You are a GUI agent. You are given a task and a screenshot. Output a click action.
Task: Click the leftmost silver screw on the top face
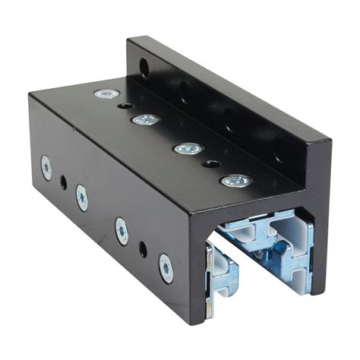tap(106, 93)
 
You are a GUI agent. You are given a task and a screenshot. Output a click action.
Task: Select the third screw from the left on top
tap(188, 148)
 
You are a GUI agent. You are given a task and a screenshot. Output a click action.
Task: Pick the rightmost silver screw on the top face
tap(236, 181)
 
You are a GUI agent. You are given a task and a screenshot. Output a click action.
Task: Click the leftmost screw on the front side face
tap(46, 168)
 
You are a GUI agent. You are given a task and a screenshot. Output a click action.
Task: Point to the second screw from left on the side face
tap(81, 198)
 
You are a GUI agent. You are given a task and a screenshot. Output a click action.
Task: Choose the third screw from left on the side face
tap(122, 231)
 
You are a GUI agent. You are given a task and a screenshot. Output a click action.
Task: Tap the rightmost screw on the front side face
tap(166, 268)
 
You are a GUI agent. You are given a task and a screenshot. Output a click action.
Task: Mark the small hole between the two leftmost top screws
tap(126, 106)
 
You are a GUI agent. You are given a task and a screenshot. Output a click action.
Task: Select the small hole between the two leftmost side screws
tap(63, 183)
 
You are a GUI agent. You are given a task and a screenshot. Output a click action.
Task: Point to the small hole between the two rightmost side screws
tap(143, 248)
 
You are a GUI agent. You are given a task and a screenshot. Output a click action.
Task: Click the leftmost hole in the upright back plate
tap(144, 70)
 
